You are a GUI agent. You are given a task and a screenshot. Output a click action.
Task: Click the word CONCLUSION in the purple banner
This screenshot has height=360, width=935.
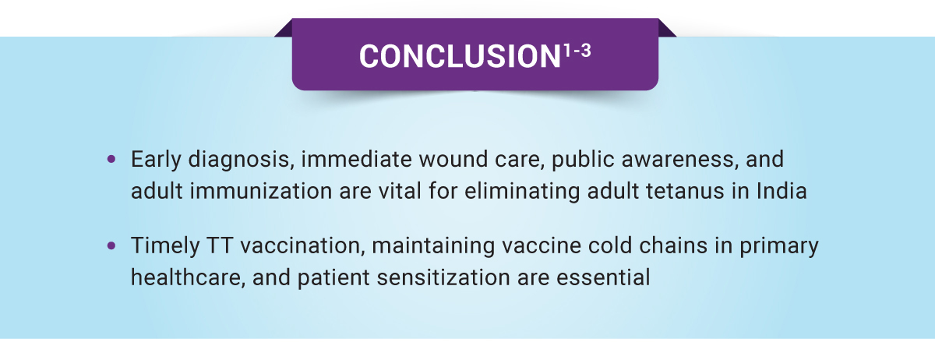click(460, 56)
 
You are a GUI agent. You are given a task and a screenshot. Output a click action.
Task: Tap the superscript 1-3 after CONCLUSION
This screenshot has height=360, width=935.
click(577, 51)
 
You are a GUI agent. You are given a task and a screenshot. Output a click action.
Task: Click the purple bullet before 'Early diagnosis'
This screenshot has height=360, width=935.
click(111, 159)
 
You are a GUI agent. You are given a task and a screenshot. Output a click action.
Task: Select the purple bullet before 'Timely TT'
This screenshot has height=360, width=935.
click(111, 245)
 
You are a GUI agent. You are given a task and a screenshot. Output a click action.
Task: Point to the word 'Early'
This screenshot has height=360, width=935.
click(156, 160)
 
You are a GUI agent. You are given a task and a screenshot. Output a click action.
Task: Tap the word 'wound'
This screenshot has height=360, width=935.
click(453, 159)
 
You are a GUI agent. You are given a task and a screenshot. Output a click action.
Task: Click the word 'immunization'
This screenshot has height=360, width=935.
click(261, 191)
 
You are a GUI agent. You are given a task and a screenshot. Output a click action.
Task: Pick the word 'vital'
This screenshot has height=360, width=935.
click(400, 191)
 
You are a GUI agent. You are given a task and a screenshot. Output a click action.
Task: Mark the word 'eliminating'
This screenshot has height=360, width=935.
click(522, 192)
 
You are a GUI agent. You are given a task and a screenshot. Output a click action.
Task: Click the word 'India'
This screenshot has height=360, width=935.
click(782, 191)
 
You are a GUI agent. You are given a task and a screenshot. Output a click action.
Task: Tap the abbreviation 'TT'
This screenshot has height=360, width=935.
click(220, 245)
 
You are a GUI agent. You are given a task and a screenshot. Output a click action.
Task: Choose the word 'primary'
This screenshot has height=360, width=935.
click(779, 247)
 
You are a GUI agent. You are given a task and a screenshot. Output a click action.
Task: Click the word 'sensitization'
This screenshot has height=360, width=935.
click(443, 277)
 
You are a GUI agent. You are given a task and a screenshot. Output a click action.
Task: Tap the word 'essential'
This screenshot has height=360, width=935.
click(603, 277)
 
